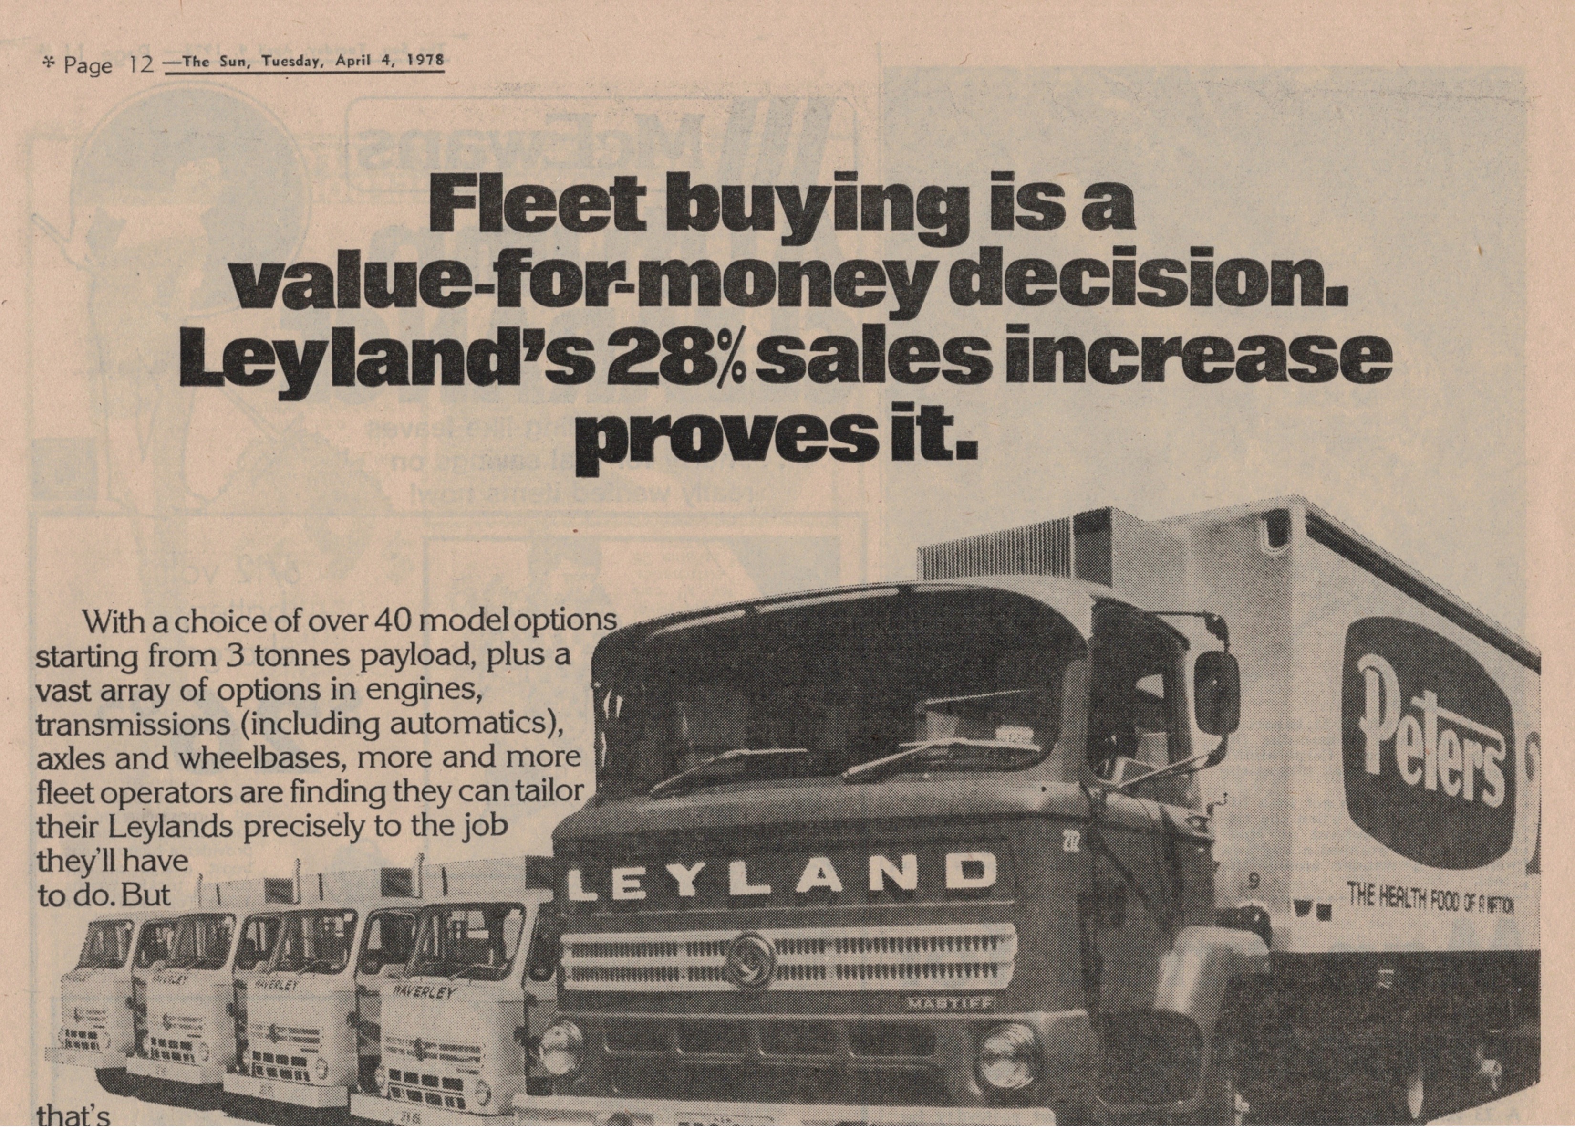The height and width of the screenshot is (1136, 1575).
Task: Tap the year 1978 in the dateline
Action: tap(425, 59)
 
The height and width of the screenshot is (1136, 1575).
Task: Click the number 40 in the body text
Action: tap(394, 620)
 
